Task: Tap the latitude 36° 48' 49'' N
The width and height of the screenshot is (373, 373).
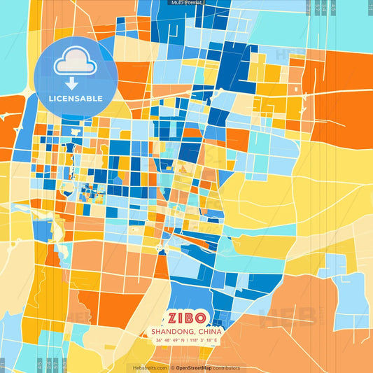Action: pyautogui.click(x=171, y=340)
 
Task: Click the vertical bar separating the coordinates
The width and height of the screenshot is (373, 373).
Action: pyautogui.click(x=187, y=340)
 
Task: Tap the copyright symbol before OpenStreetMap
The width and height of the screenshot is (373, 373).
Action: pyautogui.click(x=173, y=367)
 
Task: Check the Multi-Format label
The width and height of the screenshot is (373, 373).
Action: pyautogui.click(x=186, y=3)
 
